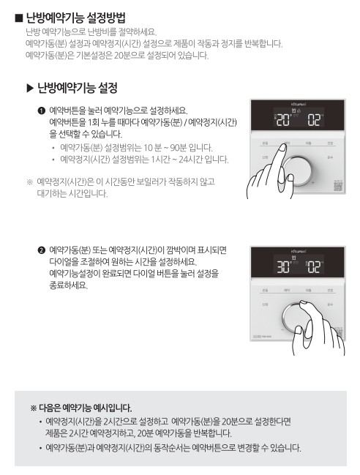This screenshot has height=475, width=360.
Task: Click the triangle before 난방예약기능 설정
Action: (x=29, y=89)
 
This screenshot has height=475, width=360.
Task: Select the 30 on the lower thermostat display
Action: (x=282, y=265)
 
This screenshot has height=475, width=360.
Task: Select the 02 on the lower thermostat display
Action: (x=314, y=265)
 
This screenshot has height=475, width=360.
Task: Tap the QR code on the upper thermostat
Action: (x=337, y=185)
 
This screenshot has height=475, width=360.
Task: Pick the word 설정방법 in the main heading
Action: (x=100, y=16)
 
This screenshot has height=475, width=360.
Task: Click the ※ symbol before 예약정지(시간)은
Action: (x=29, y=180)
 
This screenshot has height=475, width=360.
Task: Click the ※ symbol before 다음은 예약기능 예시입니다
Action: (x=34, y=406)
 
